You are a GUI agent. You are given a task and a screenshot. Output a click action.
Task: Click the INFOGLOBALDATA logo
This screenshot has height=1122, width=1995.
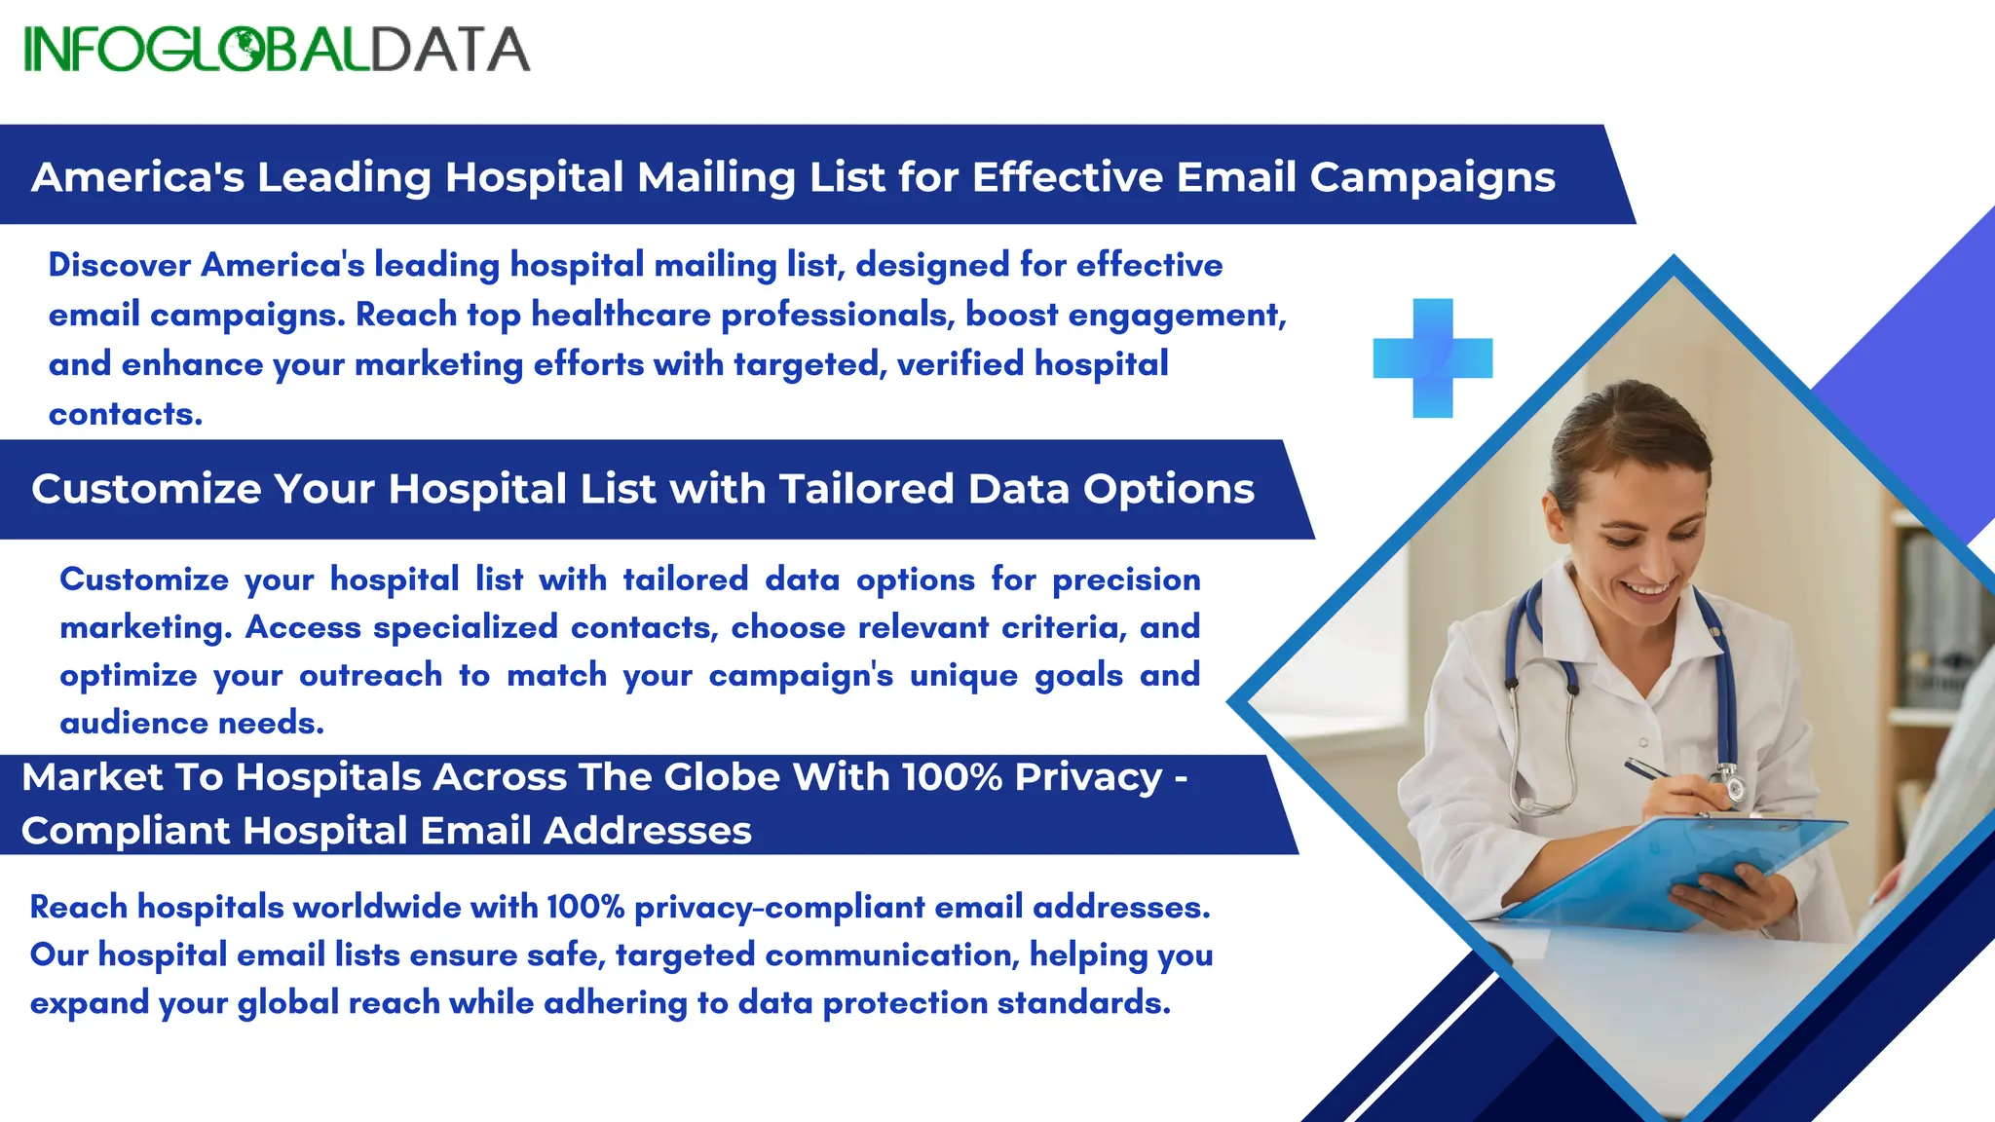277,49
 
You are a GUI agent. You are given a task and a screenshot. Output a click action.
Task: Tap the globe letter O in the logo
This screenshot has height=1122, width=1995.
245,49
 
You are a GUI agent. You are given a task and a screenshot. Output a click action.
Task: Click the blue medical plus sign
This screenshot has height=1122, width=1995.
1432,357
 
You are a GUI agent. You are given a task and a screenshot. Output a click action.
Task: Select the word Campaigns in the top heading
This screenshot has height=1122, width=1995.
1432,178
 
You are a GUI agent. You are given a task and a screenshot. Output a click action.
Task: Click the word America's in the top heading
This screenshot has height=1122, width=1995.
137,177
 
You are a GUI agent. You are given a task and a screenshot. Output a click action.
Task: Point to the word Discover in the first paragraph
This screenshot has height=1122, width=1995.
119,265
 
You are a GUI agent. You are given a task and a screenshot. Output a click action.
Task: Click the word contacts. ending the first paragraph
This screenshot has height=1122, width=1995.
126,414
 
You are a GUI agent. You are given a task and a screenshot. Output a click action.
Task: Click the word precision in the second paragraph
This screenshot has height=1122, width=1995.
1126,580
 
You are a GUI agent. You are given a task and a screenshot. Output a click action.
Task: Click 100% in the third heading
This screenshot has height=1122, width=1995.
951,777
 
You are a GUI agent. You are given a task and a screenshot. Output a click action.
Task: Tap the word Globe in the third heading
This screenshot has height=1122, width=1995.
722,777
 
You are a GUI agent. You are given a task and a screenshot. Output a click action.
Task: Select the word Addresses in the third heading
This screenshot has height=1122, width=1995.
647,831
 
